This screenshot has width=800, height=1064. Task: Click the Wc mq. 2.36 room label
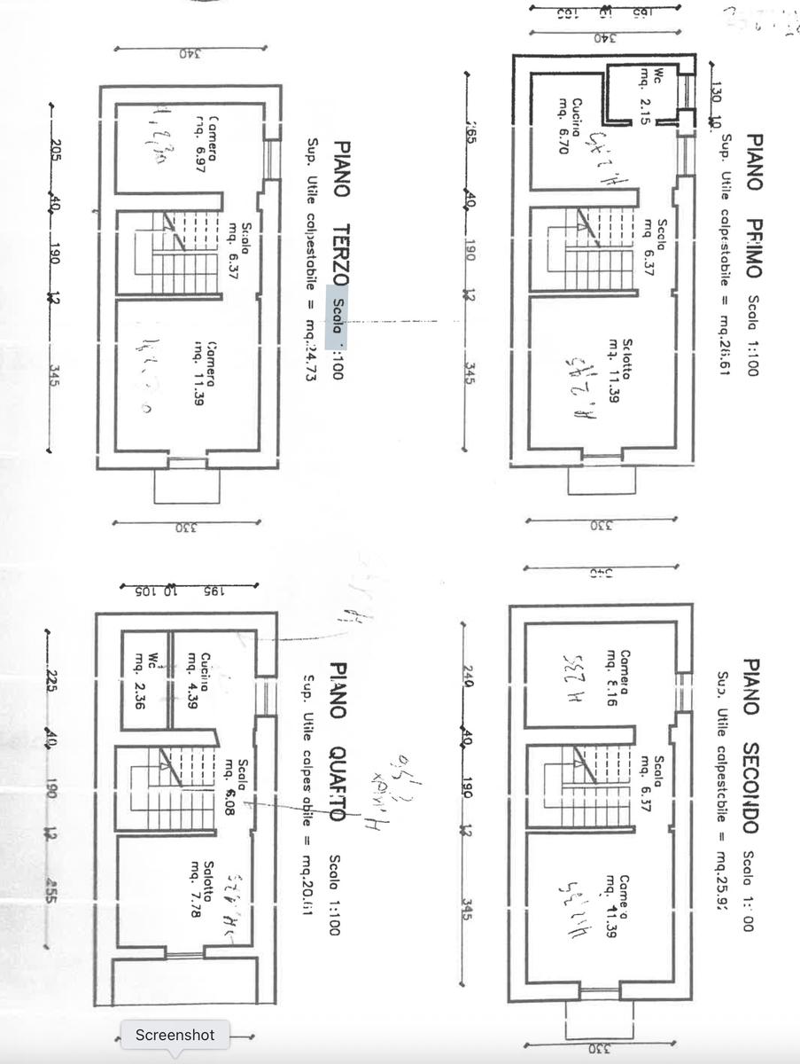[x=145, y=678]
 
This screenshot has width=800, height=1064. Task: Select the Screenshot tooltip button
[x=175, y=1035]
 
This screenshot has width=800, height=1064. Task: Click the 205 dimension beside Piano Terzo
[x=55, y=147]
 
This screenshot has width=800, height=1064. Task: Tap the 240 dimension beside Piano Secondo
[x=467, y=678]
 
